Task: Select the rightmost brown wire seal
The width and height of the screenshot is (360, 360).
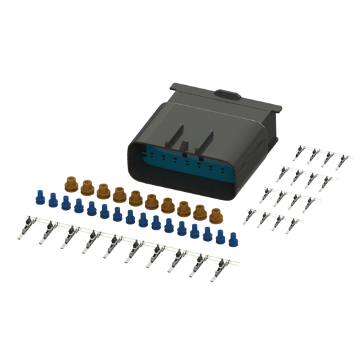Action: point(215,215)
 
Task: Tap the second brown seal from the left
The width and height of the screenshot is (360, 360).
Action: point(86,185)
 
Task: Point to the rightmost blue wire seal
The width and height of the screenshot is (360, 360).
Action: point(234,238)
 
